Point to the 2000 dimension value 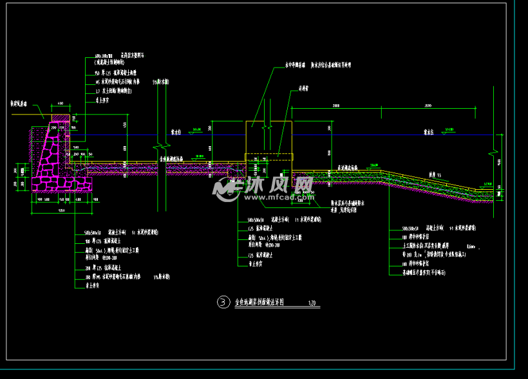click(x=335, y=104)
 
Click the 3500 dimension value click(x=428, y=104)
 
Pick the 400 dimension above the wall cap click(x=60, y=103)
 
